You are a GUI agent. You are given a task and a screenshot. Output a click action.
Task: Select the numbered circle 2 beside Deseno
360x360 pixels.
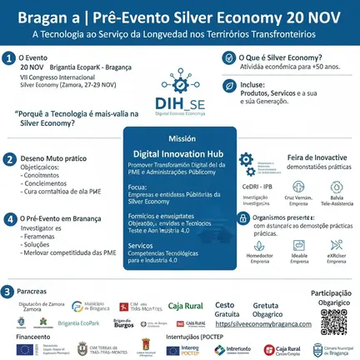point(9,157)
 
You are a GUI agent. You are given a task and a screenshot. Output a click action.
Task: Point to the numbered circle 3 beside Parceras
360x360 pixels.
point(7,291)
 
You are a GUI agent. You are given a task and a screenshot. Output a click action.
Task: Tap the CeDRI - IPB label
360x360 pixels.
point(254,186)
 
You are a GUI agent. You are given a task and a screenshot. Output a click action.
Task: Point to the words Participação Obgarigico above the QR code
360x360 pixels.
point(332,297)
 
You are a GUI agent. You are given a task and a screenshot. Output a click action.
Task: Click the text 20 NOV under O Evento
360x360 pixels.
point(31,66)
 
